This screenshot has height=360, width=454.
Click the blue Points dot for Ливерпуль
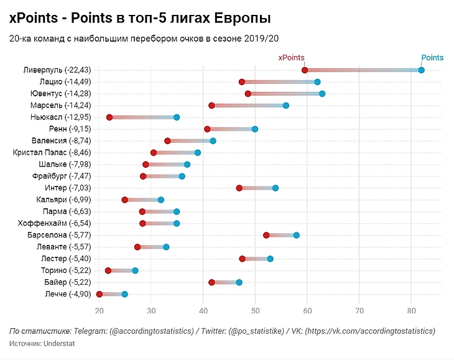tap(422, 70)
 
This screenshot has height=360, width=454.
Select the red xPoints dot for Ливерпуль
tap(305, 70)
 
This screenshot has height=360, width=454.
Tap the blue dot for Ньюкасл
tap(177, 118)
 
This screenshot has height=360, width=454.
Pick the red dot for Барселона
tap(266, 235)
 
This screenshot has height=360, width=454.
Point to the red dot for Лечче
tap(100, 294)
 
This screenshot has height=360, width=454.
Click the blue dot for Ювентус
tap(322, 94)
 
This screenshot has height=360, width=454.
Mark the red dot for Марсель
tap(211, 106)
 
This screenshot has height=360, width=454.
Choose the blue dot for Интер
tap(276, 188)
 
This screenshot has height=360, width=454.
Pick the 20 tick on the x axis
tap(100, 310)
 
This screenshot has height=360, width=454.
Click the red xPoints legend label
tap(290, 58)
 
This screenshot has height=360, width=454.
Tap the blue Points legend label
tap(432, 58)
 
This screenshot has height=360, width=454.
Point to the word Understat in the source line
tap(58, 343)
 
